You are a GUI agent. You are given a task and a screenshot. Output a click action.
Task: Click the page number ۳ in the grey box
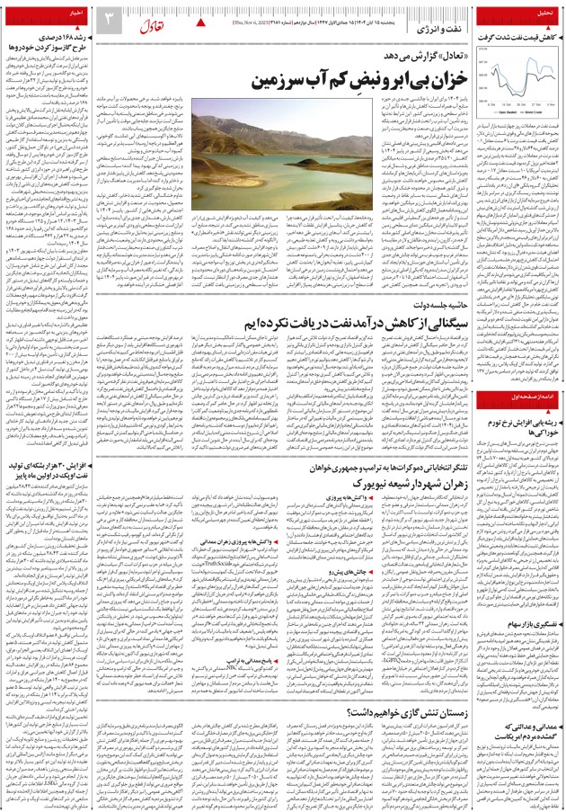108,19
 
